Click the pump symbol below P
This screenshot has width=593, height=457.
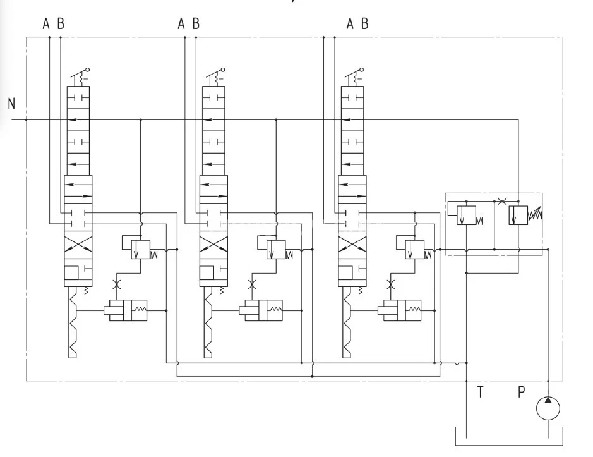pyautogui.click(x=548, y=408)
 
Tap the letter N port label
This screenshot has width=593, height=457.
pyautogui.click(x=11, y=104)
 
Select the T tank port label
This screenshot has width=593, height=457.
pyautogui.click(x=480, y=392)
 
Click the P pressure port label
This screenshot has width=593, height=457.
pyautogui.click(x=521, y=392)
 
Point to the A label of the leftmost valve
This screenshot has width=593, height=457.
pyautogui.click(x=46, y=24)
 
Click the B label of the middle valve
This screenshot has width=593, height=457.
pyautogui.click(x=196, y=24)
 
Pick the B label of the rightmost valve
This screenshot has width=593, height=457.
pyautogui.click(x=365, y=24)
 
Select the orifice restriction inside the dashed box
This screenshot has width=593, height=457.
pyautogui.click(x=501, y=202)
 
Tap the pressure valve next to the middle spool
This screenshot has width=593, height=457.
pyautogui.click(x=275, y=248)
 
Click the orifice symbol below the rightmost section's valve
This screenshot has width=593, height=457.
pyautogui.click(x=390, y=283)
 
